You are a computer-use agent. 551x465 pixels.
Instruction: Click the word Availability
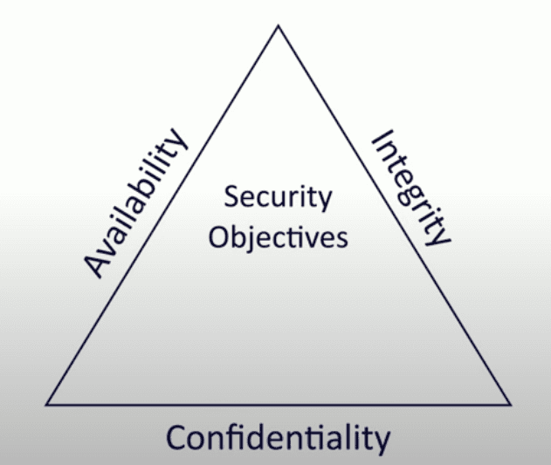coord(136,203)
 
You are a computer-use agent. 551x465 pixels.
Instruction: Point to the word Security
coord(278,198)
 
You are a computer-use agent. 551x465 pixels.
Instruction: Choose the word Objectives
coord(278,237)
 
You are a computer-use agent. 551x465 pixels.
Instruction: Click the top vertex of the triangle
coord(279,26)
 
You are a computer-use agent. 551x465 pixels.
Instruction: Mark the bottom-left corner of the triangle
coord(46,405)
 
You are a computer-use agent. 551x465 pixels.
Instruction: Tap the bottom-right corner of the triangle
coord(511,405)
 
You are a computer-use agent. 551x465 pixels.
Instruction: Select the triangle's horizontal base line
coord(279,405)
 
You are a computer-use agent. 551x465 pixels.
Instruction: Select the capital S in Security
coord(231,197)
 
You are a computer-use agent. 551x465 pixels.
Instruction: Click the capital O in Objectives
coord(218,236)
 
